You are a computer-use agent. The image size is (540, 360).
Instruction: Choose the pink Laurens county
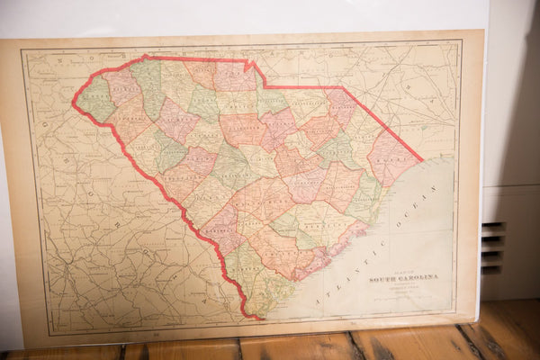click(175, 121)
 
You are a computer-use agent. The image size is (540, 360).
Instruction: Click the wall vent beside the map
click(493, 246)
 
